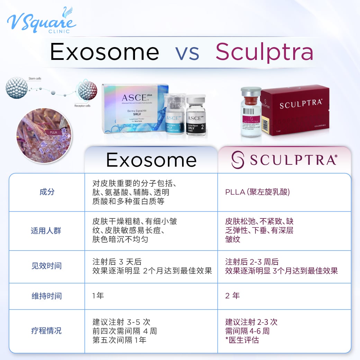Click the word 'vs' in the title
pos(187,52)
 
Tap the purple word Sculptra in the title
pos(264,52)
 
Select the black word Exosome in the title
pos(105,52)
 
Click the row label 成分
pos(47,192)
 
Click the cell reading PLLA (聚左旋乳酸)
pos(258,192)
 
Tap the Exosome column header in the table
pos(151,160)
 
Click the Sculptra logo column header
pos(284,160)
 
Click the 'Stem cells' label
pos(34,79)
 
